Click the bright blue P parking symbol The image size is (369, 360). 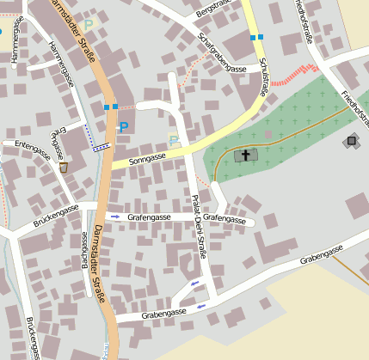(123, 127)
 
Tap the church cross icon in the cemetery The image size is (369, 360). (246, 156)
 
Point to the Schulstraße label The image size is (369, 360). (262, 76)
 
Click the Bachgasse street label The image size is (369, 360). (86, 253)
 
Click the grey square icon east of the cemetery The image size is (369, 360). (351, 140)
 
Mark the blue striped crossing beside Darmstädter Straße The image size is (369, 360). (102, 146)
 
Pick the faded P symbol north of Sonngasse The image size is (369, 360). (173, 140)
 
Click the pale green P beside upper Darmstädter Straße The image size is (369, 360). (87, 25)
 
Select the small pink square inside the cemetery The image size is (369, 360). (268, 134)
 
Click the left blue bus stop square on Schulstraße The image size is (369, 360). (252, 38)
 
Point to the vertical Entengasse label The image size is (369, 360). (58, 144)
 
